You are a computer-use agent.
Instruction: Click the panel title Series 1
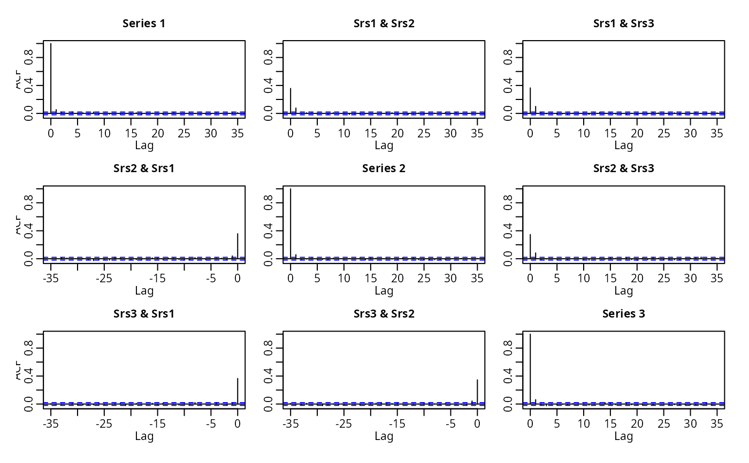pos(144,24)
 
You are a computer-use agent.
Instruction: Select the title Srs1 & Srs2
pos(384,24)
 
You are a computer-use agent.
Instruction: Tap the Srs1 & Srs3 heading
pos(623,24)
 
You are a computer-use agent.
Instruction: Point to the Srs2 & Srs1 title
pos(144,168)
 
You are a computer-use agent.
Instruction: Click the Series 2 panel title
pos(384,168)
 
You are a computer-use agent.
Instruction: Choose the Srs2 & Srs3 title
pos(623,168)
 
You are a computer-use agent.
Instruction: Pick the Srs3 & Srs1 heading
pos(144,314)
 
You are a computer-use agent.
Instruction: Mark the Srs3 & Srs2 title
pos(384,314)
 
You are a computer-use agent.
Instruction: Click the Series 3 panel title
pos(623,314)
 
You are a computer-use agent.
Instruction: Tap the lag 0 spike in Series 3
pos(530,369)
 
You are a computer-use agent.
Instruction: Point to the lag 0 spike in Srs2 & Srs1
pos(238,246)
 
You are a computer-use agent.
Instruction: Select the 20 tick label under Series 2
pos(398,279)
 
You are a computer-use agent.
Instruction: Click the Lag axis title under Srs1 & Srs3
pos(623,145)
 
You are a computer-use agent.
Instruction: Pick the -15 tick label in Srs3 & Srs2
pos(397,424)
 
